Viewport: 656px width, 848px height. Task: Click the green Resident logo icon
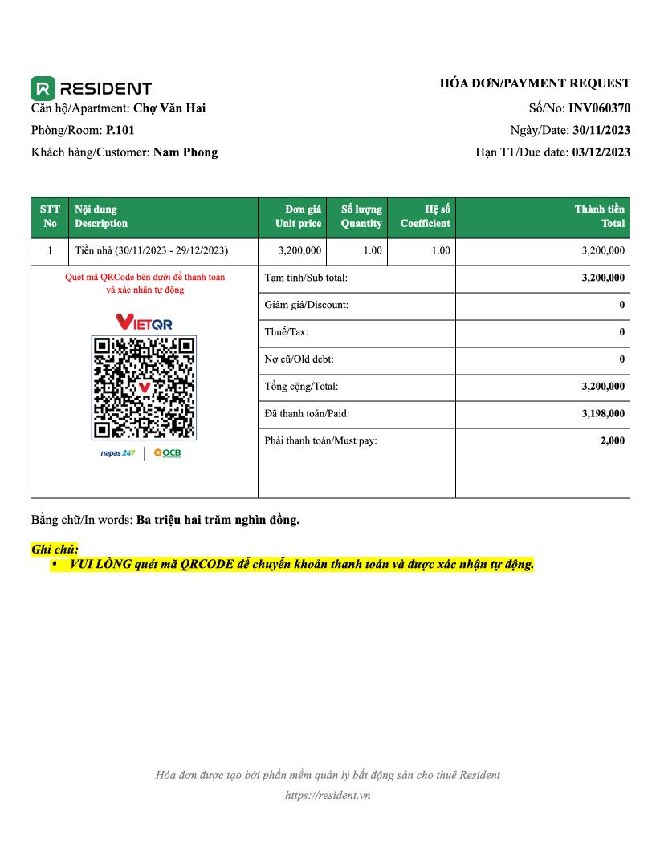tap(43, 87)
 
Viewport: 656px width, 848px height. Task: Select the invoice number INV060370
tap(599, 108)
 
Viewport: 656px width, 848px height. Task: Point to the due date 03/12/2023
tap(601, 152)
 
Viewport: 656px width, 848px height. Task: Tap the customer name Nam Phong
tap(185, 152)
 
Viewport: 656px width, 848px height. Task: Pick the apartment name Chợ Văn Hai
tap(169, 108)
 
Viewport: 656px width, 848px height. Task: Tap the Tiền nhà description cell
tap(151, 250)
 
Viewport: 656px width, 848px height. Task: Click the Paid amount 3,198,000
tap(603, 414)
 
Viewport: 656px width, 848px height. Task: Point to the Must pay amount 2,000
tap(613, 440)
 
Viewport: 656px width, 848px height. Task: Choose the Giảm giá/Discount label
tap(306, 305)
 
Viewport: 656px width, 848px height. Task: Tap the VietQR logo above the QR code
tap(145, 323)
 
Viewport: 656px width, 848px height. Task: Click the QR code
tap(145, 387)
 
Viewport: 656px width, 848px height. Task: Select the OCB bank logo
tap(168, 453)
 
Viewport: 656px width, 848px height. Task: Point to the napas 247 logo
tap(117, 454)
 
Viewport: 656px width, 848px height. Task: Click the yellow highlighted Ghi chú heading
tap(55, 550)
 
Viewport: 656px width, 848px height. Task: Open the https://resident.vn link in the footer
tap(328, 796)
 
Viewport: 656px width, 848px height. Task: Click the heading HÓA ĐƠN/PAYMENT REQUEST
tap(535, 83)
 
